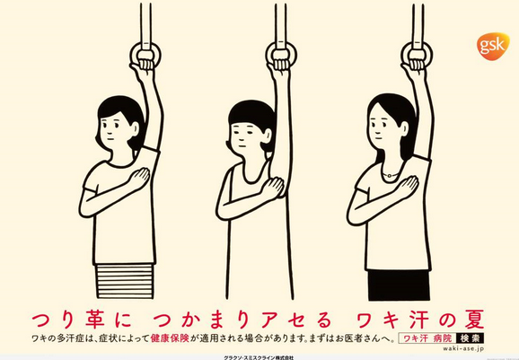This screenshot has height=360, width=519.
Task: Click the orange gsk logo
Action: pos(493,46)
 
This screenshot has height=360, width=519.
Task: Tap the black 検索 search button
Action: pos(470,338)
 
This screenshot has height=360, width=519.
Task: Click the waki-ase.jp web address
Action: pos(463,348)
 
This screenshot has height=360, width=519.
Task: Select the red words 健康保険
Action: pos(170,338)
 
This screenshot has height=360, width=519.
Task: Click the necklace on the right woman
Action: pos(390,173)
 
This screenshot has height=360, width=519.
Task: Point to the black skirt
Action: pos(399,285)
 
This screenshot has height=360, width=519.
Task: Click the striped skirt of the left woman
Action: pos(125,281)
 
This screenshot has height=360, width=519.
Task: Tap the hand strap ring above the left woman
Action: pos(145,55)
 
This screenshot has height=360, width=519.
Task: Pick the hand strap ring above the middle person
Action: pos(281,55)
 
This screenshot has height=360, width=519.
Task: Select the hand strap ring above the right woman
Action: pos(417,55)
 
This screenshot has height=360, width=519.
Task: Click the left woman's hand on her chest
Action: pos(139,179)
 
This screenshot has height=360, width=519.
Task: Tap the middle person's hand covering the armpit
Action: pos(272,189)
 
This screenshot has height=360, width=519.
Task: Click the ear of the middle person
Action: pos(267,136)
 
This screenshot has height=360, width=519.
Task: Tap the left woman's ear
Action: pos(135,128)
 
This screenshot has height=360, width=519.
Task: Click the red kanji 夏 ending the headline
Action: pos(473,319)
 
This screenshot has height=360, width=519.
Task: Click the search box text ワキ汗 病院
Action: pos(427,338)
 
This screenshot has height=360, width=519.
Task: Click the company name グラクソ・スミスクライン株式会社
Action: pos(259,357)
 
